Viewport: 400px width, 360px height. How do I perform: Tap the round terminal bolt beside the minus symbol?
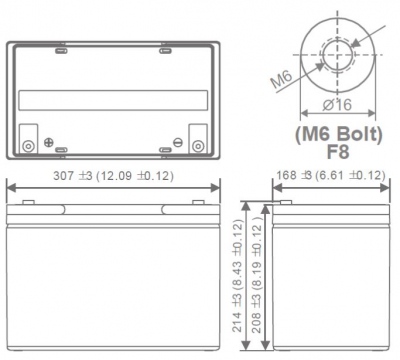196,147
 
